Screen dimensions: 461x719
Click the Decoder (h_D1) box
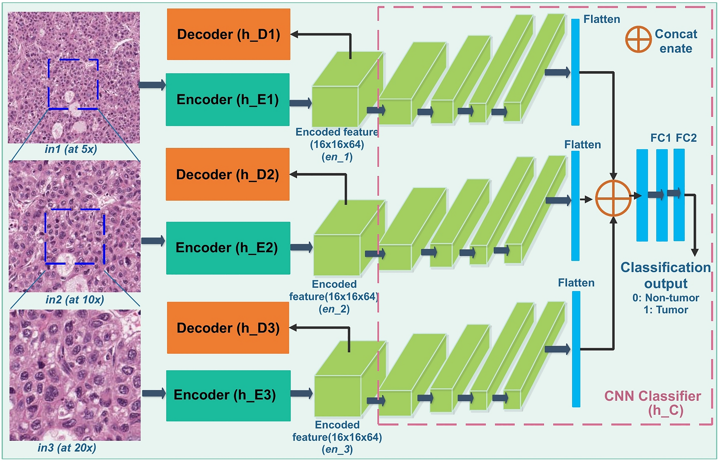click(229, 34)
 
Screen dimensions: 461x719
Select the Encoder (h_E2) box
click(228, 248)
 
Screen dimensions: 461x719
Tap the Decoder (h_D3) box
click(228, 328)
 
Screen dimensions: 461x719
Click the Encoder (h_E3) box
click(228, 395)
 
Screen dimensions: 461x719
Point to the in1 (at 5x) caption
click(71, 149)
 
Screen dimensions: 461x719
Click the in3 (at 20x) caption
click(67, 448)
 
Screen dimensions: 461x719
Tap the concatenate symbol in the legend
click(638, 39)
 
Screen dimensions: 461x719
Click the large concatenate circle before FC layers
click(613, 198)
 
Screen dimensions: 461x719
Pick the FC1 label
click(660, 138)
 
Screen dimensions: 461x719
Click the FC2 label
click(686, 138)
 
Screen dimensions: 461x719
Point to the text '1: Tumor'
click(666, 310)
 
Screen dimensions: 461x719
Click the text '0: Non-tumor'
click(666, 298)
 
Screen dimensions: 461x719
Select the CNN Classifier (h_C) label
click(652, 403)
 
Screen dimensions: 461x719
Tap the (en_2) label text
click(334, 309)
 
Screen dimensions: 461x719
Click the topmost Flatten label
click(601, 19)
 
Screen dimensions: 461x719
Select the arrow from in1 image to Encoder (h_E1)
click(152, 85)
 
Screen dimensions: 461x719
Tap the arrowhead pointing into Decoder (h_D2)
click(294, 175)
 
